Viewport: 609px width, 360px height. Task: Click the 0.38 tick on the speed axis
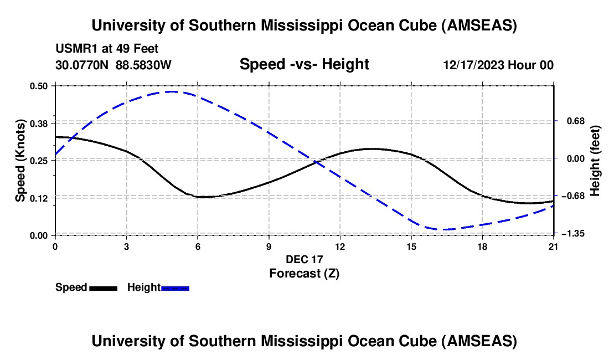pos(38,122)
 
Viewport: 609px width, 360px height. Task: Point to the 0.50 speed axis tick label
pos(38,85)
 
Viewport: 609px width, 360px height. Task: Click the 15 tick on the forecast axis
pos(411,245)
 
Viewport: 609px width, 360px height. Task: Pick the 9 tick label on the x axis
pos(269,245)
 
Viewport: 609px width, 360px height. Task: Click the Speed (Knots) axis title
pos(20,160)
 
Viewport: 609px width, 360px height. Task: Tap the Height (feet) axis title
pos(595,160)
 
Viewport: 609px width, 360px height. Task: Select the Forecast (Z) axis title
pos(304,273)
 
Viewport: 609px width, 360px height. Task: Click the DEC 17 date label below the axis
pos(304,259)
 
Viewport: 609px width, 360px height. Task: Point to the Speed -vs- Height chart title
pos(304,64)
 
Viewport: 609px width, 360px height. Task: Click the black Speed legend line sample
pos(103,288)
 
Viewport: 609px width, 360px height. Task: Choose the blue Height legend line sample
pos(175,288)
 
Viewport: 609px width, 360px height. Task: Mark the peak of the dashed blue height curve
pos(173,91)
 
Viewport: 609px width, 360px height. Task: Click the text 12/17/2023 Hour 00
pos(498,65)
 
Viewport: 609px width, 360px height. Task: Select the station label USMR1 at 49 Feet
pos(107,49)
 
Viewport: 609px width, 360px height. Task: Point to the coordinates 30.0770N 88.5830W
pos(113,65)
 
